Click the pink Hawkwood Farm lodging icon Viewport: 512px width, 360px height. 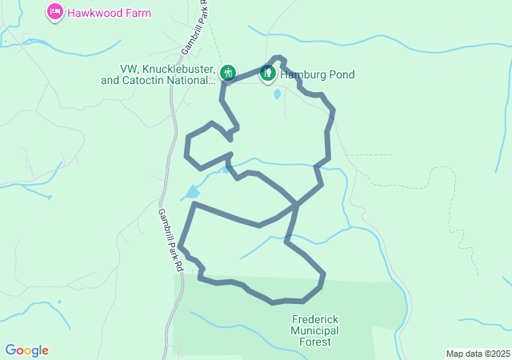pyautogui.click(x=54, y=12)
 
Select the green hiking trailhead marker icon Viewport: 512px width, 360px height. pyautogui.click(x=228, y=73)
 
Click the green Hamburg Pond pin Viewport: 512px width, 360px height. pyautogui.click(x=268, y=74)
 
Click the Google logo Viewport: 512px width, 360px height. pyautogui.click(x=26, y=350)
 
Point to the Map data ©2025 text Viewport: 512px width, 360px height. pyautogui.click(x=477, y=354)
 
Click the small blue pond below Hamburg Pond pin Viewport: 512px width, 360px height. pyautogui.click(x=277, y=94)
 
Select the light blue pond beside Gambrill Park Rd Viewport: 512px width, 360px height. pyautogui.click(x=191, y=193)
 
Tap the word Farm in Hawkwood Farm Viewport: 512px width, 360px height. pyautogui.click(x=136, y=13)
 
